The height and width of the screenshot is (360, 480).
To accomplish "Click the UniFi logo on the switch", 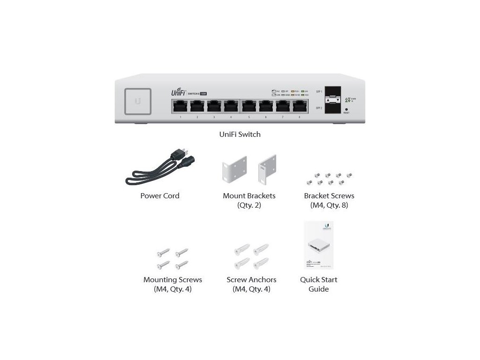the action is [x=178, y=93].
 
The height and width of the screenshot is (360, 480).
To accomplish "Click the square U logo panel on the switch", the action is [x=138, y=101].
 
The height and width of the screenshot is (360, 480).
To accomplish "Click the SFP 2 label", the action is [x=319, y=108].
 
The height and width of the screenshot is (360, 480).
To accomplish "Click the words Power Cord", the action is [x=160, y=196].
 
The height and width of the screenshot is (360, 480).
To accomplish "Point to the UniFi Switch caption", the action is [x=240, y=135].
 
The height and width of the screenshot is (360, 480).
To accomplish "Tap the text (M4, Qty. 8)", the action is [x=329, y=205].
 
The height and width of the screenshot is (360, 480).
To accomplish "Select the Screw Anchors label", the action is [x=251, y=280].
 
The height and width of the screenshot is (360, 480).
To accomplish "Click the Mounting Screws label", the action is [x=172, y=280].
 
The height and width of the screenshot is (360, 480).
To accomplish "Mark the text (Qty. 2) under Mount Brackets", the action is [x=249, y=205].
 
